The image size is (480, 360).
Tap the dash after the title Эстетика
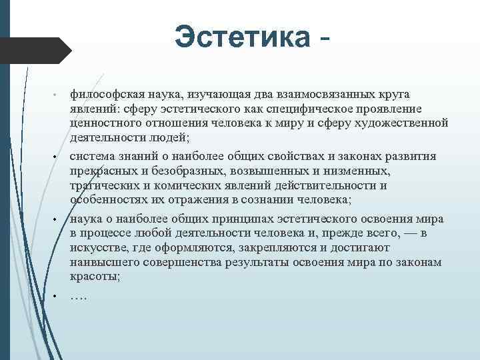pos(324,40)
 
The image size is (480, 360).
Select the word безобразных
pos(188,171)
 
